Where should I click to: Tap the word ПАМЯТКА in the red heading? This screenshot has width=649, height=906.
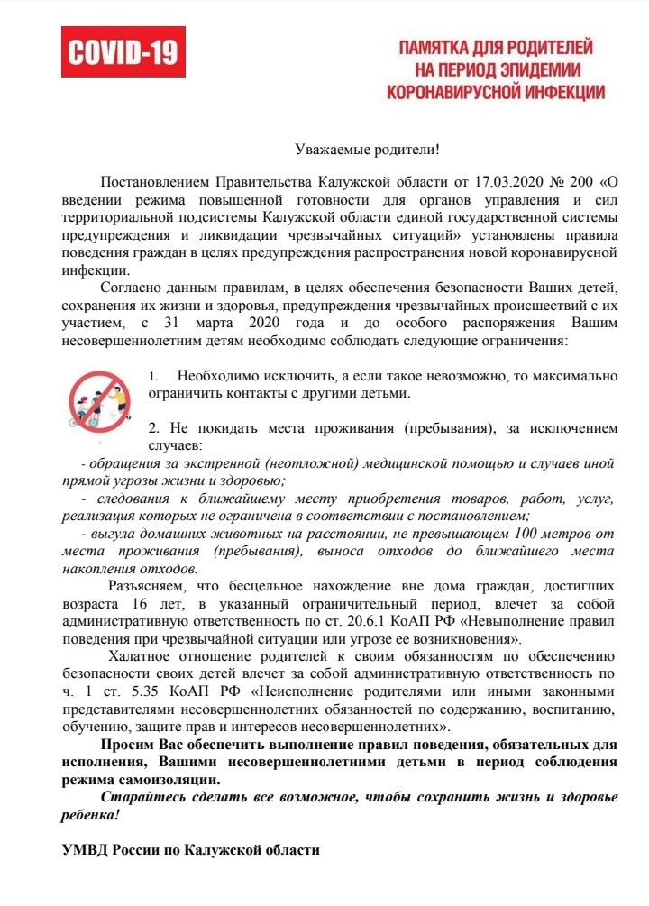439,46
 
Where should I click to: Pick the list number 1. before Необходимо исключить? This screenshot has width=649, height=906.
153,375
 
